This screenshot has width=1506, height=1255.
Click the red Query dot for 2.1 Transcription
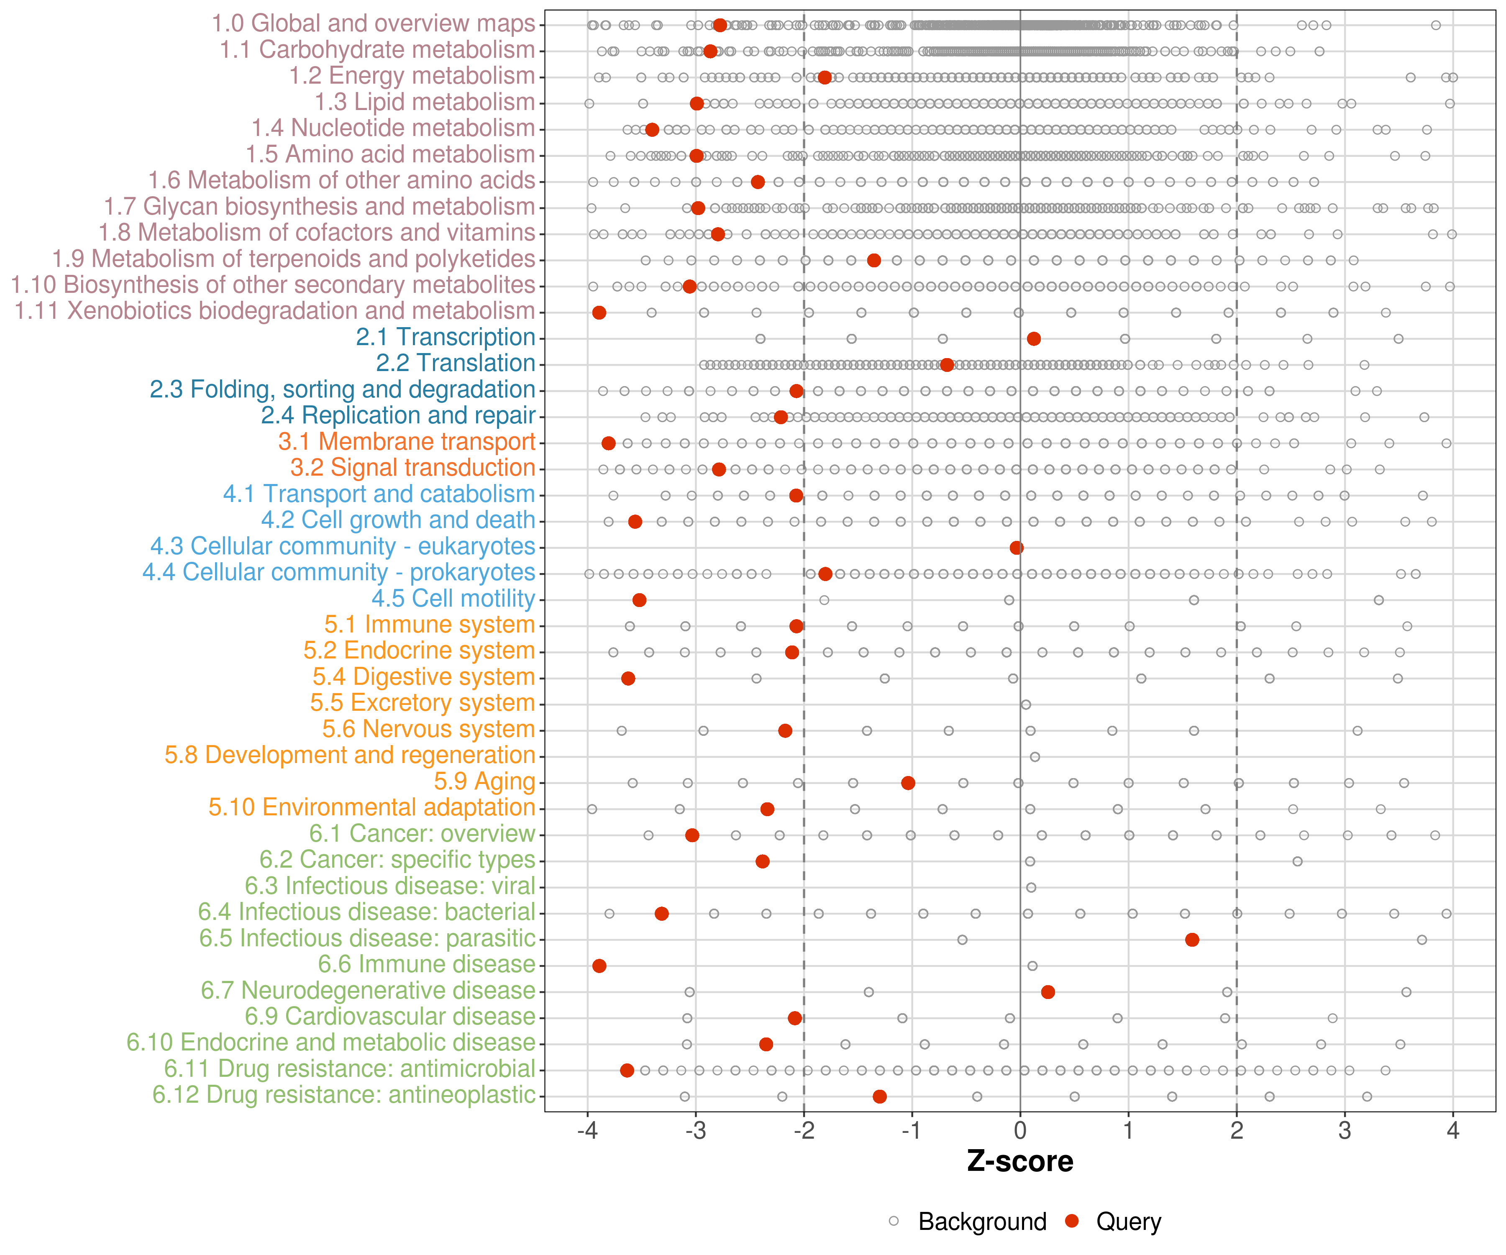pos(1033,338)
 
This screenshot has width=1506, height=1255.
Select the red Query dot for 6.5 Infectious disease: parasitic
pos(1192,940)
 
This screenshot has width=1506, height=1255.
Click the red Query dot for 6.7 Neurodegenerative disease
pos(1048,992)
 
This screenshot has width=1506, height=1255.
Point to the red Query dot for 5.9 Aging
pos(908,782)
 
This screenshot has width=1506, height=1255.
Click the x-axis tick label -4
pos(587,1132)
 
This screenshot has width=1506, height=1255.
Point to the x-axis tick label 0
pos(1020,1132)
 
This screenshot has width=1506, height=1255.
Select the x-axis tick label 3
pos(1345,1132)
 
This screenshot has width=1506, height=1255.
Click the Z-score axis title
pos(1020,1162)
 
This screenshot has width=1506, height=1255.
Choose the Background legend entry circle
pos(894,1221)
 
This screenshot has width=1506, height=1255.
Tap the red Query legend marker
pos(1072,1221)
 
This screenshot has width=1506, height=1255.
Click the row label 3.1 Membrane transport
pos(407,442)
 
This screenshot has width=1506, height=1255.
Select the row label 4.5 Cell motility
pos(453,598)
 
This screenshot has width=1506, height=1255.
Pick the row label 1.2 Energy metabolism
pos(412,76)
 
